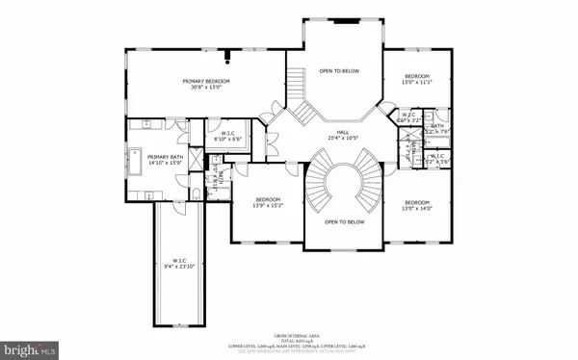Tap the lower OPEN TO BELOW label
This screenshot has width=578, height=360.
343,222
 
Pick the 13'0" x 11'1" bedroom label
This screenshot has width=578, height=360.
416,79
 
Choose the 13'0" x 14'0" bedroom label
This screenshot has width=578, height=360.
416,205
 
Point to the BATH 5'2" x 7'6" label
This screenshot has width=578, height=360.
436,129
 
